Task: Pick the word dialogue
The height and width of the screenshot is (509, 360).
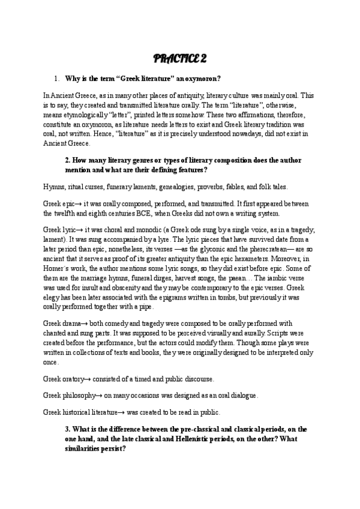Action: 241,396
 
